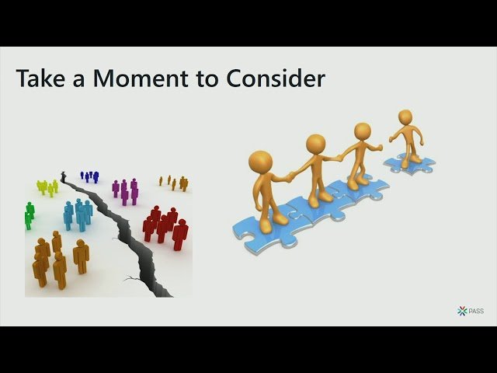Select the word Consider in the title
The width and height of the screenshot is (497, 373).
coord(276,79)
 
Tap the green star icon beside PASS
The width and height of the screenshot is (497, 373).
coord(462,311)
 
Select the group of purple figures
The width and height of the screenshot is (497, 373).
coord(125,190)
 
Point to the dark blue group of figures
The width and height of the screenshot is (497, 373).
coord(90,177)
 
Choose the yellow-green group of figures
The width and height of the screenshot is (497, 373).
coord(47,187)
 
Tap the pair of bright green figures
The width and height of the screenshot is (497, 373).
coord(29,214)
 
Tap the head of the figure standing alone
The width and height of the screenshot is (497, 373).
coord(405,117)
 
